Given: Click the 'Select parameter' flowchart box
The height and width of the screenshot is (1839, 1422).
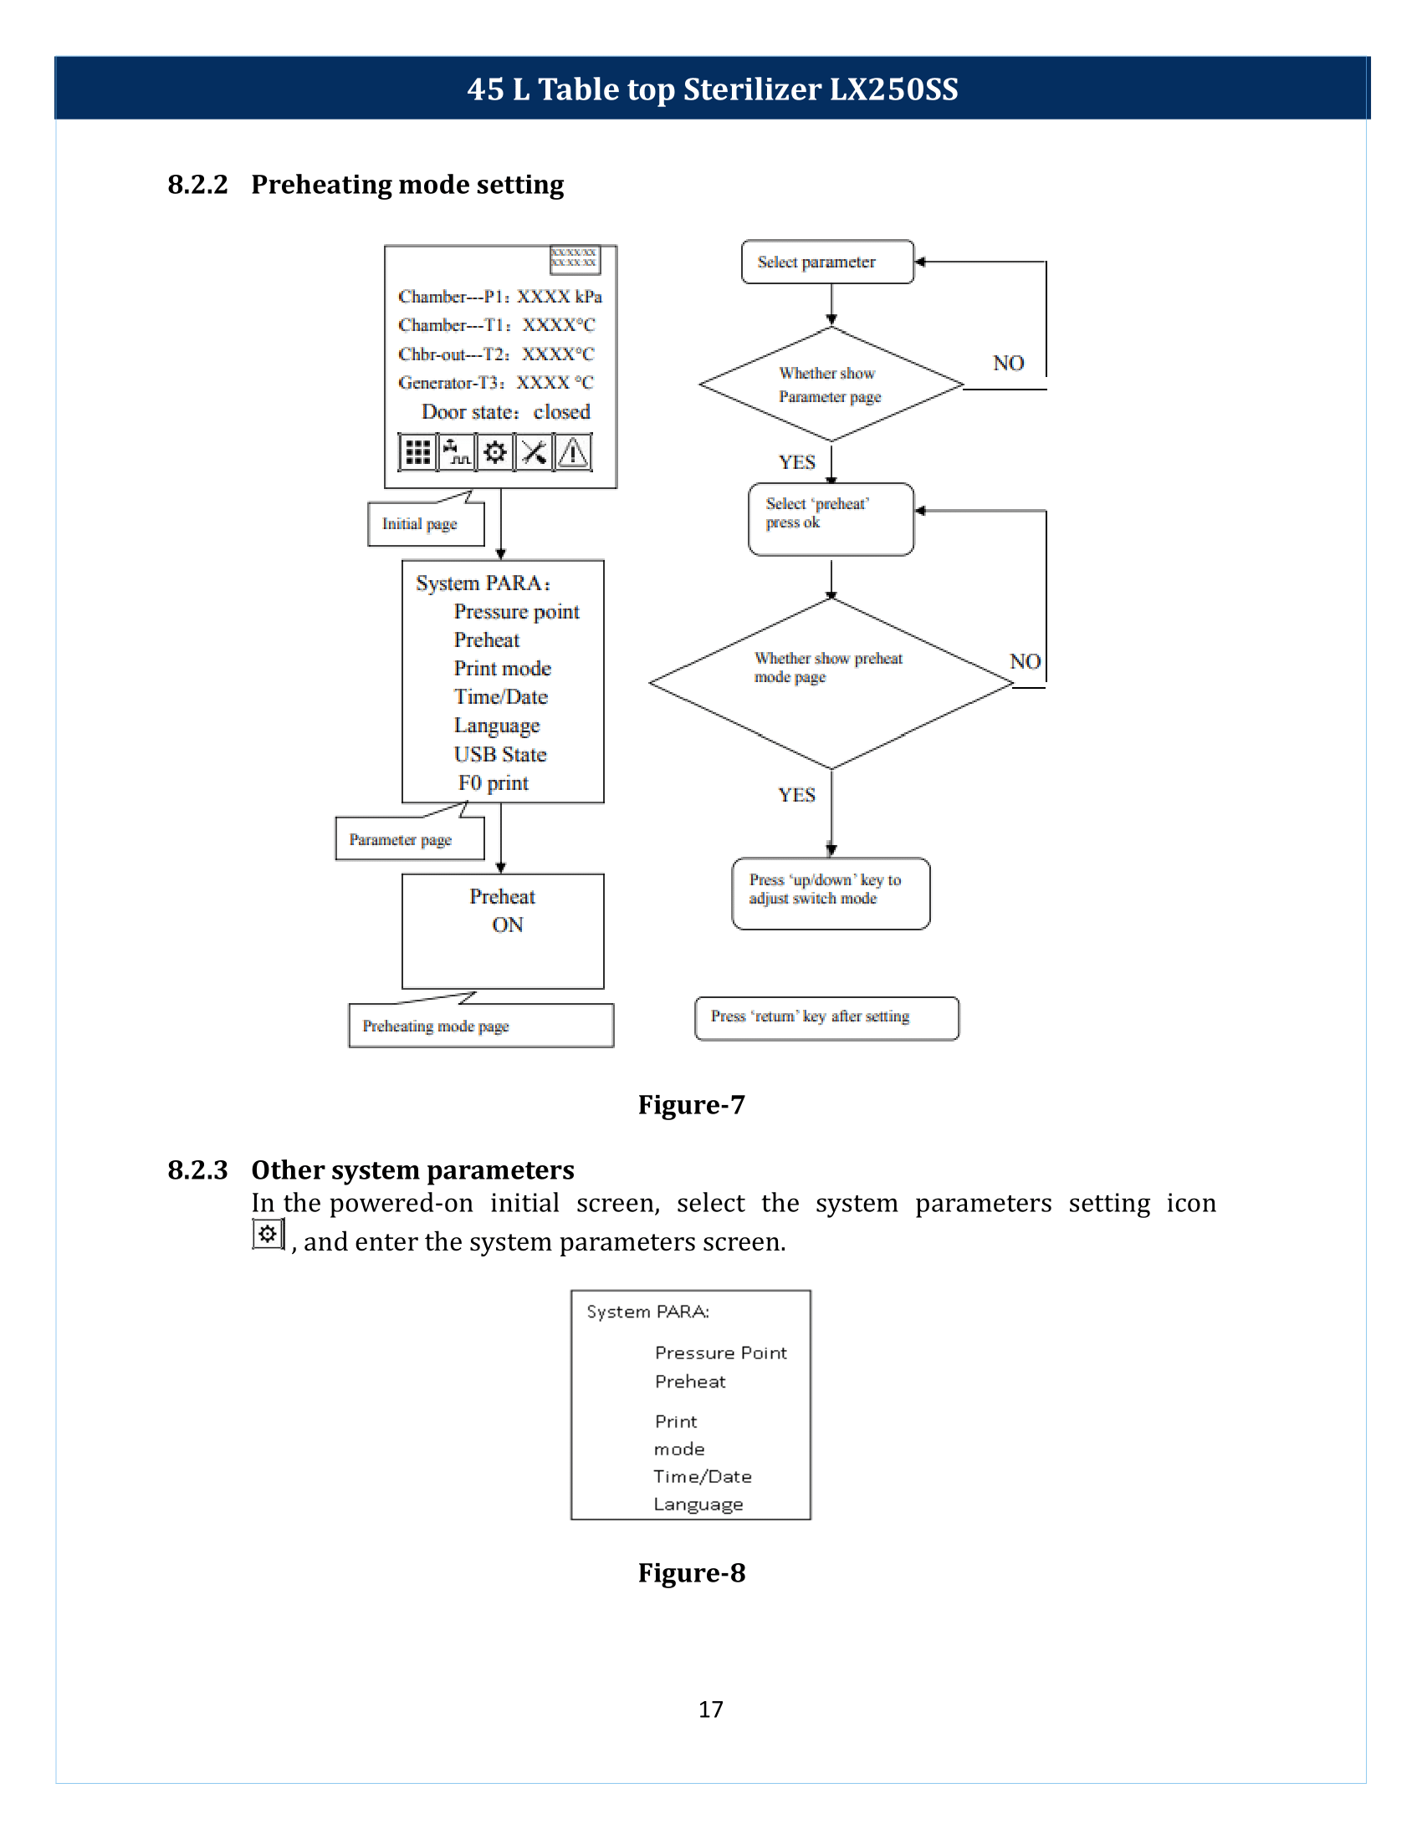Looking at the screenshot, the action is [827, 262].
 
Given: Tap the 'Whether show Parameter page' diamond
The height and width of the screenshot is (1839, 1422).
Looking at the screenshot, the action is [831, 384].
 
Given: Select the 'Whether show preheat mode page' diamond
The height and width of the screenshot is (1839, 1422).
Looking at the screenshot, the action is [831, 683].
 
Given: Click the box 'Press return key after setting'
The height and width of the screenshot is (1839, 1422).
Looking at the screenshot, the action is [826, 1018].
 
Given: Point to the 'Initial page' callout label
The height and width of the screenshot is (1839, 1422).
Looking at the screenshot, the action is [426, 524].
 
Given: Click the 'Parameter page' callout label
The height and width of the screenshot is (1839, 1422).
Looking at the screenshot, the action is [409, 838].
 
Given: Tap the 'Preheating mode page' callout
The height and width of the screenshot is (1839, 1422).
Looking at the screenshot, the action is [481, 1026].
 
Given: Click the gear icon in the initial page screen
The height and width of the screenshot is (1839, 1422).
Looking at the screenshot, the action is [495, 452].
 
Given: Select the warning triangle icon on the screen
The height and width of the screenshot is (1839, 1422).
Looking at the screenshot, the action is [573, 452].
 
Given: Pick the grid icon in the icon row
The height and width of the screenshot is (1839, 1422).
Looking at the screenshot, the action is [418, 452].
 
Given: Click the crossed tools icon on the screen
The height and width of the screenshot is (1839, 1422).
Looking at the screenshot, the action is [535, 452].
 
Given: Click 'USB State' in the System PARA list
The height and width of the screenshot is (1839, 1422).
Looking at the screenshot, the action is [500, 755].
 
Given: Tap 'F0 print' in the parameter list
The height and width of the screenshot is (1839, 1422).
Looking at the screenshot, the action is [494, 783].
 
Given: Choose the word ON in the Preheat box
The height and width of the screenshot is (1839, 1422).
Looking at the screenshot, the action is [508, 925].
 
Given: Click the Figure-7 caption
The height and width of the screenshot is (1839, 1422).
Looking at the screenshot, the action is [692, 1104].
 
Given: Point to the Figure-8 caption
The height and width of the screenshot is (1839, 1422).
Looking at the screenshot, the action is [692, 1572].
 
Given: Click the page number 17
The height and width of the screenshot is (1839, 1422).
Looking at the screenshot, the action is [711, 1709].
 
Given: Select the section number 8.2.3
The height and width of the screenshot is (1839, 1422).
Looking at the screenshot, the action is [198, 1169].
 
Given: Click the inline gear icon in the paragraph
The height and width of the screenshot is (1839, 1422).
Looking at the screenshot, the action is [268, 1235].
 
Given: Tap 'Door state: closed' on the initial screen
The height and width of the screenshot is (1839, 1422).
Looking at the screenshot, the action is [505, 412].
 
